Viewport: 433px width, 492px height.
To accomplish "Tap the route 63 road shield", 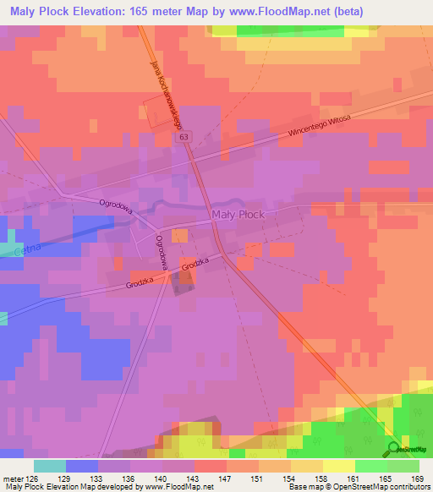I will (x=185, y=136).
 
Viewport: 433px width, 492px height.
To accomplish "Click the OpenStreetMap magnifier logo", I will (x=394, y=449).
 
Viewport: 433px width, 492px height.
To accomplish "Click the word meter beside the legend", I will (x=16, y=478).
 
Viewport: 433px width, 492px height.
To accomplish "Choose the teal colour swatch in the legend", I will (x=49, y=466).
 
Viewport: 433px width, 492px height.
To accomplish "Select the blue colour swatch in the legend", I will (x=81, y=466).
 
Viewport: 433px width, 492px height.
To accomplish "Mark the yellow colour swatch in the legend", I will (x=338, y=466).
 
